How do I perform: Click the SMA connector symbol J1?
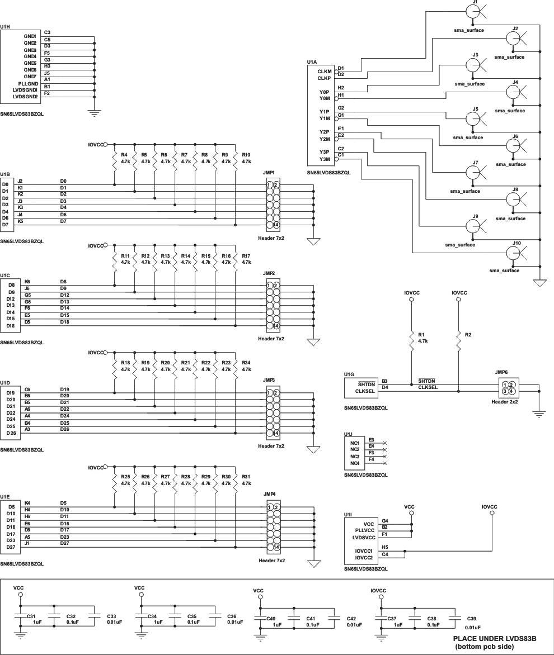pos(473,12)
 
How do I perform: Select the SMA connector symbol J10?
pos(514,253)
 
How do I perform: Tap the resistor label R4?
pos(125,154)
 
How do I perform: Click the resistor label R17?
pos(246,255)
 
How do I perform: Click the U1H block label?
pos(5,26)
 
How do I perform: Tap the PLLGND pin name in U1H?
pos(27,83)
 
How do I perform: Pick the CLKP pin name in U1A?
pos(325,79)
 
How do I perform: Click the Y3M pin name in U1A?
pos(324,159)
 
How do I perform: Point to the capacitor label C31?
pos(31,615)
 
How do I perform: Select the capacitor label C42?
pos(351,619)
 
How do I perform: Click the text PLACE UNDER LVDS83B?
pos(494,638)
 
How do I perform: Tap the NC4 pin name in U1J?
pos(355,463)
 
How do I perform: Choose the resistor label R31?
pos(246,477)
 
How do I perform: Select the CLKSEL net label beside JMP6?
pos(428,387)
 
